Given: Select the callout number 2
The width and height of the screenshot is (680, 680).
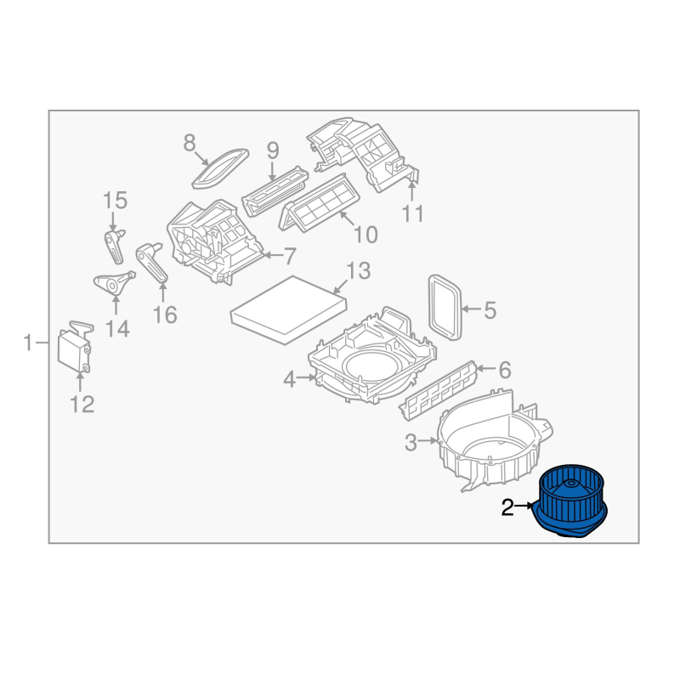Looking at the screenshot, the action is (507, 507).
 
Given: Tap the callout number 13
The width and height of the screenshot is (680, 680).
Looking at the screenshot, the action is (358, 270).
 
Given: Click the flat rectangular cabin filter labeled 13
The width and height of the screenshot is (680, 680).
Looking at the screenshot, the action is (289, 309).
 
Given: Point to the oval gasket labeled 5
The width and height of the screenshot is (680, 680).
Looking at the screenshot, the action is (445, 307).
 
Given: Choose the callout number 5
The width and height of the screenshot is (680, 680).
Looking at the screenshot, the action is (490, 310).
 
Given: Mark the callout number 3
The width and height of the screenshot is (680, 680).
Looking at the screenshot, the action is (411, 443).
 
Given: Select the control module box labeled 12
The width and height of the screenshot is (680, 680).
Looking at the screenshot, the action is (75, 346).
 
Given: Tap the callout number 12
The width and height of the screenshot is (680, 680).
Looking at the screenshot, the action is (82, 405).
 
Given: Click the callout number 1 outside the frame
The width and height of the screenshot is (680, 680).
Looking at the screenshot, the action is (28, 343).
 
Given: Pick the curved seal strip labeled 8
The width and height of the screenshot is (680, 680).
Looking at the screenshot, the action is (220, 168).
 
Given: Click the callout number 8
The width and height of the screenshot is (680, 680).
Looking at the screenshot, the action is (190, 143).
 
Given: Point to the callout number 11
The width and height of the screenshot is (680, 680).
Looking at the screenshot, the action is (413, 213).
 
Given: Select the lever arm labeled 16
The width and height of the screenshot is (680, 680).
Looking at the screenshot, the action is (151, 263).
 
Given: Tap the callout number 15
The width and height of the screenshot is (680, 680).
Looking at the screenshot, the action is (115, 201).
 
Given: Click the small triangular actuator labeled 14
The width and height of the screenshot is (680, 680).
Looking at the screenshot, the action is (114, 284).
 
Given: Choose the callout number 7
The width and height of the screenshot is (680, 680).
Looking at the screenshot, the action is (290, 256).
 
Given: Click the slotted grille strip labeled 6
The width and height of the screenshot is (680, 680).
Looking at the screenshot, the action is (438, 390).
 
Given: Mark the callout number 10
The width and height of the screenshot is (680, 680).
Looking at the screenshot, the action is (366, 235).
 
